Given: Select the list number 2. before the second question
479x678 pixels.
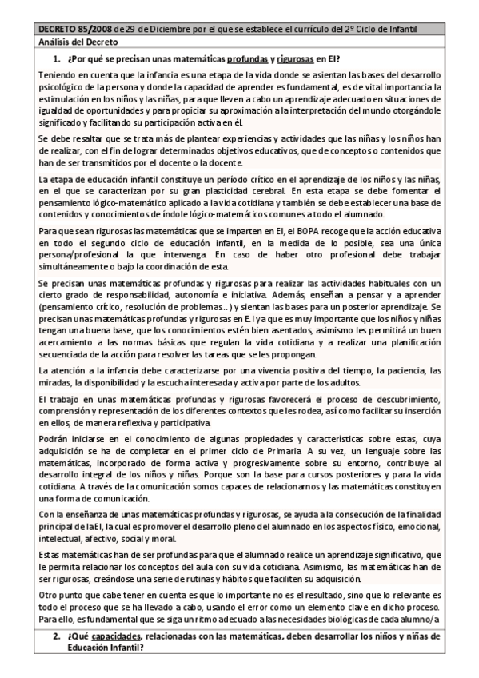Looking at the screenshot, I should pyautogui.click(x=57, y=636).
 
